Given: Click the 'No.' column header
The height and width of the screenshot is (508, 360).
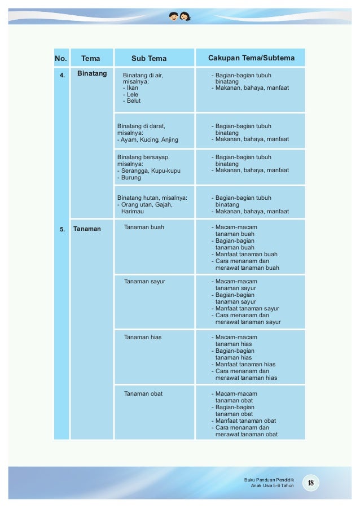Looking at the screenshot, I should click(x=61, y=58).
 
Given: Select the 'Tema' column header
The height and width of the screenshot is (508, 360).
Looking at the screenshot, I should click(x=91, y=58).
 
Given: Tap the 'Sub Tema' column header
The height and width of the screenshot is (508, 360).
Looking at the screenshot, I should click(x=149, y=58).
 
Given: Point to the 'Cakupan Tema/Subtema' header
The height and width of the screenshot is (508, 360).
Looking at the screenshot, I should click(x=251, y=58).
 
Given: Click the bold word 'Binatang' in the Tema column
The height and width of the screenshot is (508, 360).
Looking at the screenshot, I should click(x=92, y=73).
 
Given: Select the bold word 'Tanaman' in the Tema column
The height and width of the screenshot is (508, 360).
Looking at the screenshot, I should click(x=87, y=229).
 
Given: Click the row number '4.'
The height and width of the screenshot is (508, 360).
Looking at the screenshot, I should click(x=62, y=74).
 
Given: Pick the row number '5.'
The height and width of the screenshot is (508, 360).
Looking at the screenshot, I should click(x=62, y=229).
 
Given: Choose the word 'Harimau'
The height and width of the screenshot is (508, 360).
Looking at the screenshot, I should click(x=134, y=212).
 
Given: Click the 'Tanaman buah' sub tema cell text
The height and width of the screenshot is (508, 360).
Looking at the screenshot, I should click(x=144, y=227).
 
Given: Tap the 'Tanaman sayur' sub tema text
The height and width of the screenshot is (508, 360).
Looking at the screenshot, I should click(x=144, y=281).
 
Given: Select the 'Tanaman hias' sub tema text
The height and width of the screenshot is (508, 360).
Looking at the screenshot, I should click(x=143, y=337).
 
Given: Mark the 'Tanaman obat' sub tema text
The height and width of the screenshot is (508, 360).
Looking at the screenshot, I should click(x=143, y=393).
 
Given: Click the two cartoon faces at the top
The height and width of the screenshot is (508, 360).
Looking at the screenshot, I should click(x=180, y=16).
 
